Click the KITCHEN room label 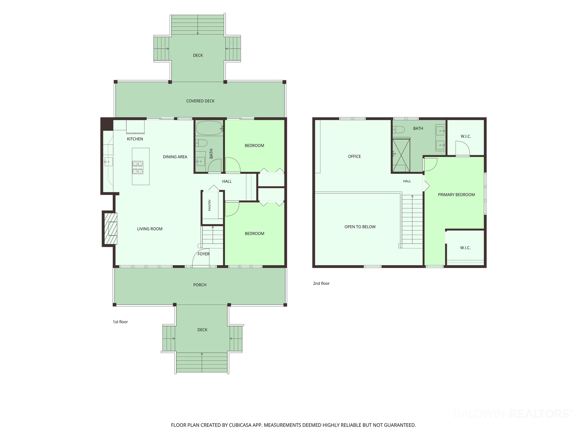coord(135,139)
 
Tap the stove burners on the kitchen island coord(138,167)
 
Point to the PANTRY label coord(210,205)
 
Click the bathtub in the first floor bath coord(209,128)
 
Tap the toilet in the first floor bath coord(201,143)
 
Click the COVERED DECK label coord(201,101)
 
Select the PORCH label coord(200,285)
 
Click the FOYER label coord(204,254)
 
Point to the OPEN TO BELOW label coord(360,227)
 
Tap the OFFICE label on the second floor coord(355,156)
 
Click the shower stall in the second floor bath coord(401,156)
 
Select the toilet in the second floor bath coord(399,130)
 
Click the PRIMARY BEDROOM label coord(456,195)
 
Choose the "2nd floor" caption coord(321,284)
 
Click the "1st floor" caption coord(120,322)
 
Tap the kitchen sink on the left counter coord(108,161)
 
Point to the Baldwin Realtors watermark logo coord(513,414)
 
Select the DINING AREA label coord(175,157)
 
